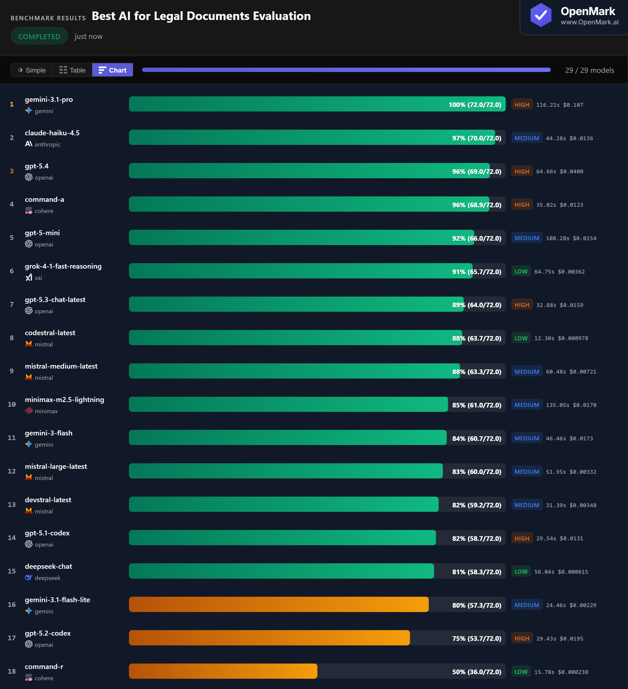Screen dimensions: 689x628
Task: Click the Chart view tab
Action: click(113, 70)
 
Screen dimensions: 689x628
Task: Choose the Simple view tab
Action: click(32, 70)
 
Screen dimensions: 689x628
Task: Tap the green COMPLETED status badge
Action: click(39, 37)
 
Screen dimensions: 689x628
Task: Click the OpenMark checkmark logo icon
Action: click(540, 15)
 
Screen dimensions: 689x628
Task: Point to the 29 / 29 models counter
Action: click(589, 70)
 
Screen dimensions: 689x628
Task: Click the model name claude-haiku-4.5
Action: click(52, 133)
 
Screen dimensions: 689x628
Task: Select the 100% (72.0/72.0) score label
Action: click(475, 105)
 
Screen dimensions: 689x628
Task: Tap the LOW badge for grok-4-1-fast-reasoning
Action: click(521, 272)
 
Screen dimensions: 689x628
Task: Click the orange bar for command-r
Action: click(223, 671)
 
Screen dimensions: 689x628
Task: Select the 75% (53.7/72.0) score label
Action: click(477, 638)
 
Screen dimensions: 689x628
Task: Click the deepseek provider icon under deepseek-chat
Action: click(29, 578)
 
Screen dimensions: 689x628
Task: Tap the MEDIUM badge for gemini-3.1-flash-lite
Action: click(526, 605)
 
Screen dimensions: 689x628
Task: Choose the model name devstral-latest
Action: click(48, 500)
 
